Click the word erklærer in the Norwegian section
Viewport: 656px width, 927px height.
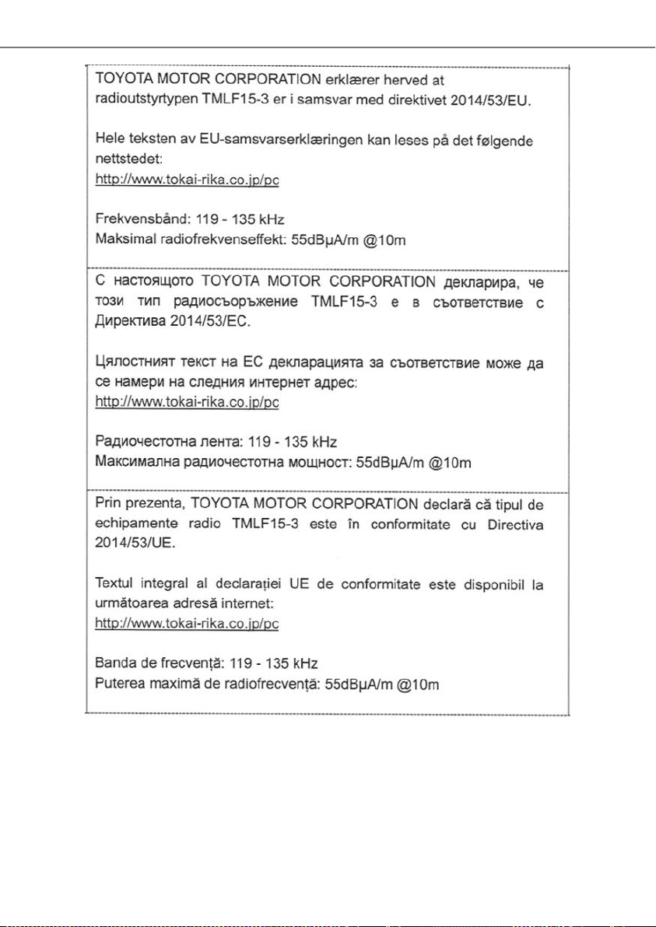pyautogui.click(x=351, y=80)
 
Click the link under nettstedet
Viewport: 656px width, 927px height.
pyautogui.click(x=187, y=180)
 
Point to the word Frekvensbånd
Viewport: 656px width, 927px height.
pyautogui.click(x=132, y=220)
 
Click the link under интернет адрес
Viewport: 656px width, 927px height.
pyautogui.click(x=187, y=403)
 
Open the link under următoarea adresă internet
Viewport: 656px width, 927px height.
pyautogui.click(x=187, y=624)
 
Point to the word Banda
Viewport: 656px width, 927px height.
pyautogui.click(x=114, y=664)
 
